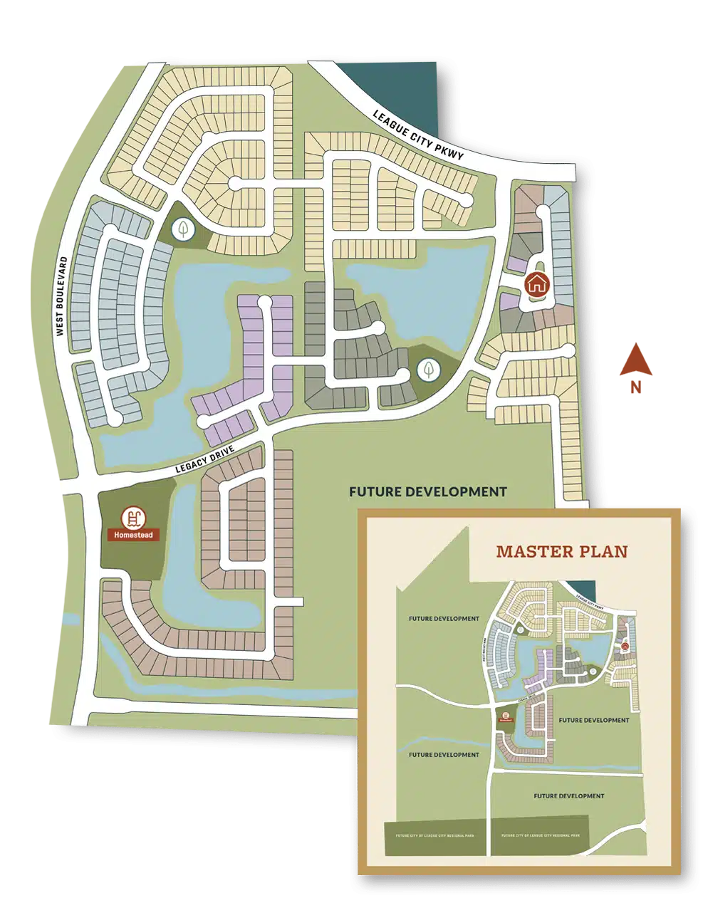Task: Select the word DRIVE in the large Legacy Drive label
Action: tap(222, 459)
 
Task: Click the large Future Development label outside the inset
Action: tap(427, 491)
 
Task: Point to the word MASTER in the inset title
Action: tap(533, 551)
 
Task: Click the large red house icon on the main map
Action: tap(536, 283)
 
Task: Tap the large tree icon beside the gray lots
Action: tap(428, 369)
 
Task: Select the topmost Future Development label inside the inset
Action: tap(444, 618)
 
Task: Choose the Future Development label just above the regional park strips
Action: tap(568, 795)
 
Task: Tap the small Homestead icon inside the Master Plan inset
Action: tap(506, 716)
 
